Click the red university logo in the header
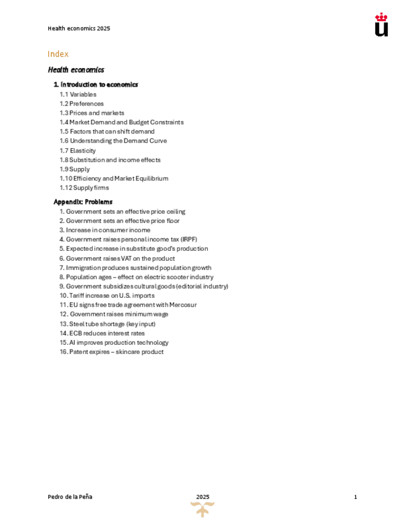pyautogui.click(x=382, y=25)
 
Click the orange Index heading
pyautogui.click(x=58, y=54)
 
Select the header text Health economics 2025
pyautogui.click(x=79, y=28)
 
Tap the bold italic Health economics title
pyautogui.click(x=76, y=70)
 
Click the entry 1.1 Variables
pyautogui.click(x=78, y=95)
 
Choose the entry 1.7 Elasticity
pyautogui.click(x=78, y=151)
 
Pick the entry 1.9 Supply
pyautogui.click(x=75, y=169)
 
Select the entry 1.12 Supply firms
pyautogui.click(x=84, y=188)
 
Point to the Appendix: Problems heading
pyautogui.click(x=83, y=202)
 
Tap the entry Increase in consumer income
pyautogui.click(x=104, y=230)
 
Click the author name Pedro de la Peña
pyautogui.click(x=70, y=497)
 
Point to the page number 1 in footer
pyautogui.click(x=356, y=497)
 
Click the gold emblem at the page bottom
pyautogui.click(x=202, y=509)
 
